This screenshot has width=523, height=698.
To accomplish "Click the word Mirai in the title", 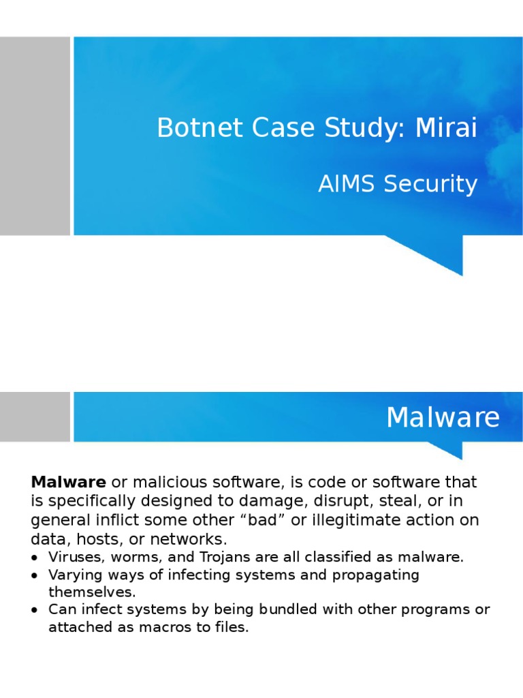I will tap(446, 127).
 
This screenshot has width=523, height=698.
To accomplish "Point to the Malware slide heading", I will tap(443, 417).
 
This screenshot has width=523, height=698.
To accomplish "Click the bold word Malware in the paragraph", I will tap(68, 483).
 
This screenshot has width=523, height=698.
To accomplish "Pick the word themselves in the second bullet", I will tap(92, 592).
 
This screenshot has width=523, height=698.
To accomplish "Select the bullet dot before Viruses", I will tap(35, 558).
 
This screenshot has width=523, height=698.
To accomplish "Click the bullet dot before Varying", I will tap(35, 575).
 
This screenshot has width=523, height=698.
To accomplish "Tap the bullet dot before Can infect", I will tap(35, 610).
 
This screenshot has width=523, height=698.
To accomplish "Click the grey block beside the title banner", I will tap(35, 136).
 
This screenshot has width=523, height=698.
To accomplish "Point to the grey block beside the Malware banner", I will tap(35, 416).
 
